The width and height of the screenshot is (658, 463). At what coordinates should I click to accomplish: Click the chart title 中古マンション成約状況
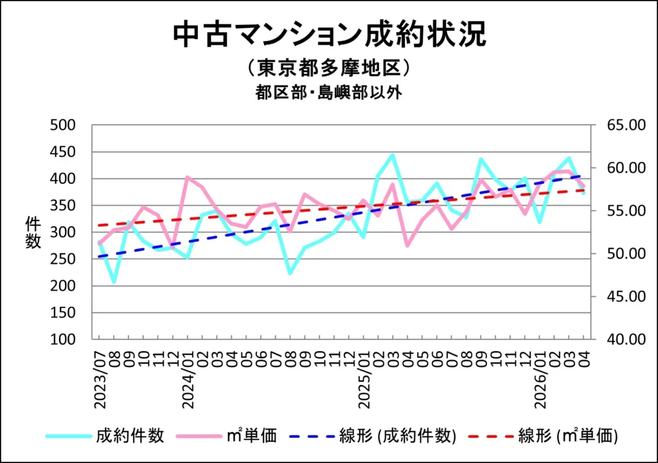tap(330, 35)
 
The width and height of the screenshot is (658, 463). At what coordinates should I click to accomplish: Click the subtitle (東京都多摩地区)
tap(329, 68)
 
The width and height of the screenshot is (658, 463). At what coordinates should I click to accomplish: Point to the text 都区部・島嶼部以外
tap(329, 92)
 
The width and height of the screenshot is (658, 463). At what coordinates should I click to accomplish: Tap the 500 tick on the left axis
tap(62, 125)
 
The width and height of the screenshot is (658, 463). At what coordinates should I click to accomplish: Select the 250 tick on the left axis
tap(62, 259)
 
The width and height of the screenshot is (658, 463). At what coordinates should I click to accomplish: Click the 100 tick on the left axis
tap(62, 339)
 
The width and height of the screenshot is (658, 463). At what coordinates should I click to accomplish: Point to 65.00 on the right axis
tap(626, 125)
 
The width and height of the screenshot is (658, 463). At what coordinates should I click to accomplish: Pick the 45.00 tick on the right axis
tap(626, 296)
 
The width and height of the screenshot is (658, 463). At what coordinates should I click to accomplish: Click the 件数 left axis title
tap(33, 232)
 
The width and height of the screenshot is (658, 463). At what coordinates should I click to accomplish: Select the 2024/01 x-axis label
tap(188, 379)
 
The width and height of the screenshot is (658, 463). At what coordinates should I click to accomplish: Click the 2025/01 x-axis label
tap(364, 379)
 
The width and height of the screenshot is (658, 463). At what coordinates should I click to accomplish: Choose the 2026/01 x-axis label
tap(540, 379)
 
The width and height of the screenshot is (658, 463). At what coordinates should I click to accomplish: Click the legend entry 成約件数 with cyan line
tap(105, 436)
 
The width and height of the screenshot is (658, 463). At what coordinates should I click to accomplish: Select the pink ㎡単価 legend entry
tap(227, 436)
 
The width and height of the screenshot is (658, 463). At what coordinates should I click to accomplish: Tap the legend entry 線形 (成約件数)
tap(373, 436)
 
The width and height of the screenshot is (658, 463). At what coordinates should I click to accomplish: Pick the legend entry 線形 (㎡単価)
tap(544, 436)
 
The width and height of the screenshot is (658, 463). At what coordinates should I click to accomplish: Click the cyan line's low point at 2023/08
tap(114, 282)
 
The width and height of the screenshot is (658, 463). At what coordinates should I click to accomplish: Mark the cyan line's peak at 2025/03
tap(393, 155)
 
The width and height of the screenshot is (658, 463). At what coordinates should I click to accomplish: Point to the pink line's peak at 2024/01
tap(187, 177)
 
